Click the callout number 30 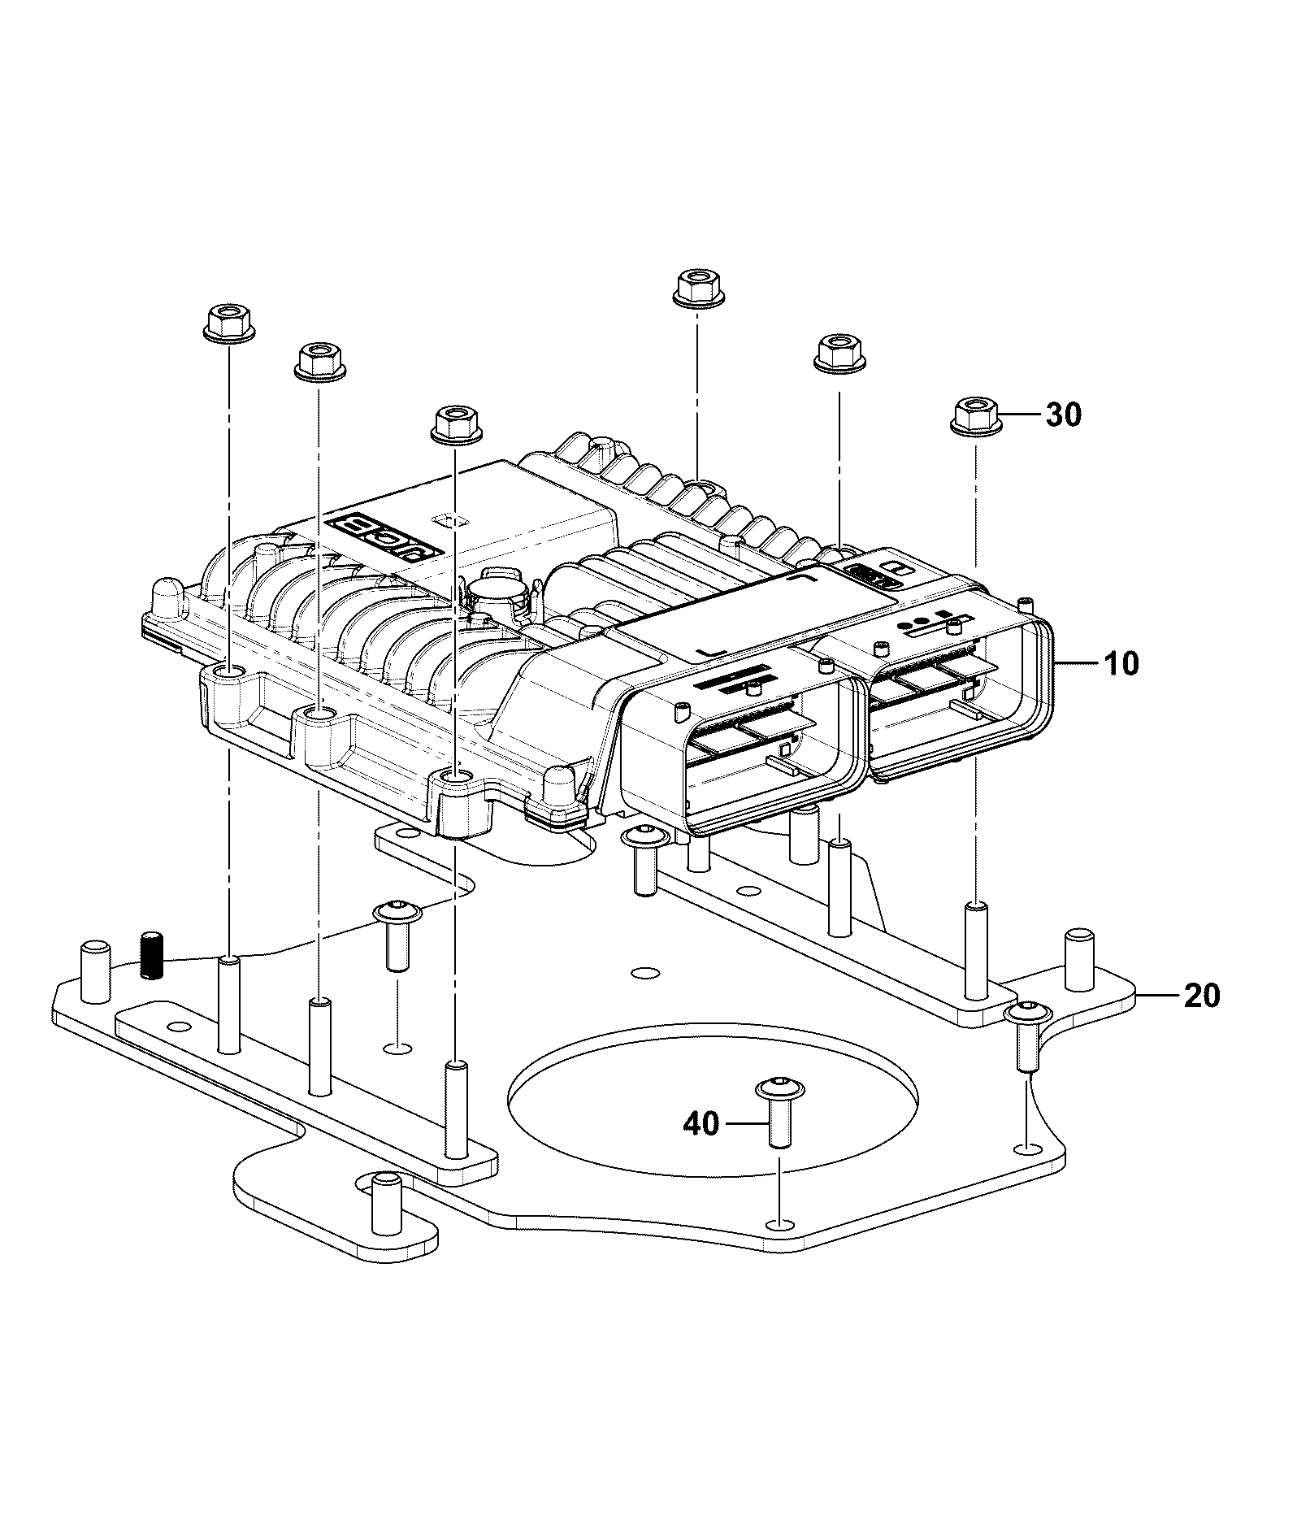tap(1063, 415)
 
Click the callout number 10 tap(1121, 664)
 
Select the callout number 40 tap(701, 1124)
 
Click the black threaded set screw tap(152, 956)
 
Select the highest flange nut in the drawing tap(700, 287)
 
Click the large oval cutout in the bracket tap(713, 1103)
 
